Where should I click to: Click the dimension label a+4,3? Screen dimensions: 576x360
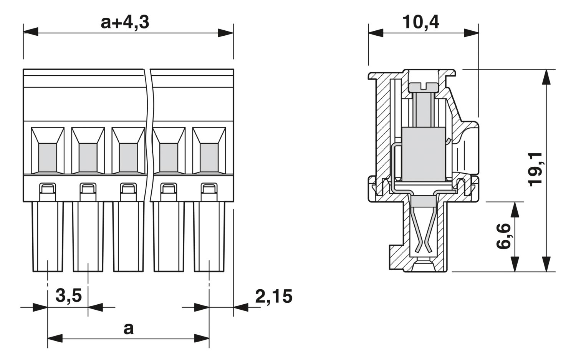click(125, 23)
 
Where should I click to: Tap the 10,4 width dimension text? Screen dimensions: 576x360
click(421, 22)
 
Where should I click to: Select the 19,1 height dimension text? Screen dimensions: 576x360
click(535, 169)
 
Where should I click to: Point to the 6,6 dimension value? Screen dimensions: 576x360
click(503, 236)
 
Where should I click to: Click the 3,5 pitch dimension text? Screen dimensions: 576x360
click(69, 296)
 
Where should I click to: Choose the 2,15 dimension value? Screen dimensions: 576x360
click(273, 297)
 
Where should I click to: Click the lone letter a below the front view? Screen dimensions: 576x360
click(129, 328)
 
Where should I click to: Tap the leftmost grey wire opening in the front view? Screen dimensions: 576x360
click(48, 158)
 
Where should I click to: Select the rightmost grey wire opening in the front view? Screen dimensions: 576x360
click(209, 158)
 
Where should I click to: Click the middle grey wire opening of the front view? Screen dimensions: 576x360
click(128, 158)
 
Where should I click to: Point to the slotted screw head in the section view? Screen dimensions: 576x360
click(423, 87)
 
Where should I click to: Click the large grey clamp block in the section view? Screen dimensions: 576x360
click(424, 154)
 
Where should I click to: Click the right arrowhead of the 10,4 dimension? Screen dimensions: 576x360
click(471, 33)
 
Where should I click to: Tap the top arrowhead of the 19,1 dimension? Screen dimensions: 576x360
click(546, 77)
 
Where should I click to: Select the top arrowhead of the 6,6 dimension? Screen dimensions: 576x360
click(515, 209)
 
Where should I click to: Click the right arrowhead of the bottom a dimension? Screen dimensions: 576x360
click(202, 338)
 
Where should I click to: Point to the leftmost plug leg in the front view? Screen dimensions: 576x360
click(48, 237)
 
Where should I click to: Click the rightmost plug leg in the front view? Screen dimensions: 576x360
click(209, 237)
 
